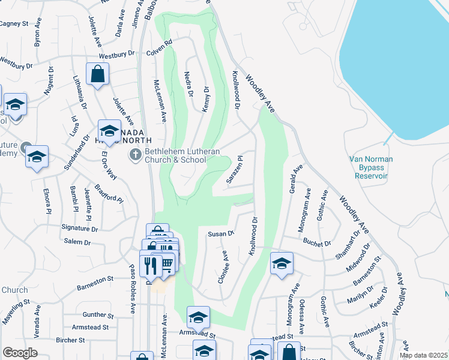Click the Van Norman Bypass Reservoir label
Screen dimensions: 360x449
pyautogui.click(x=369, y=167)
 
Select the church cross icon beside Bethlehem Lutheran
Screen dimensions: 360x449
pyautogui.click(x=136, y=155)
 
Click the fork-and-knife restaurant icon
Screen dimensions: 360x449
pyautogui.click(x=150, y=265)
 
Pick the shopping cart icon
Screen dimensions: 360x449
pyautogui.click(x=166, y=265)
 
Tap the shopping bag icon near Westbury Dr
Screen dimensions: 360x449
pyautogui.click(x=97, y=75)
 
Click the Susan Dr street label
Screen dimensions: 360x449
pyautogui.click(x=220, y=233)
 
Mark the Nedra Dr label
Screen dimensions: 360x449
pyautogui.click(x=188, y=84)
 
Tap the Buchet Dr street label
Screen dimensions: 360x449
pyautogui.click(x=317, y=244)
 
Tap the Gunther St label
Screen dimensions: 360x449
pyautogui.click(x=98, y=314)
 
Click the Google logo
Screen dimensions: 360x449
pyautogui.click(x=19, y=353)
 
